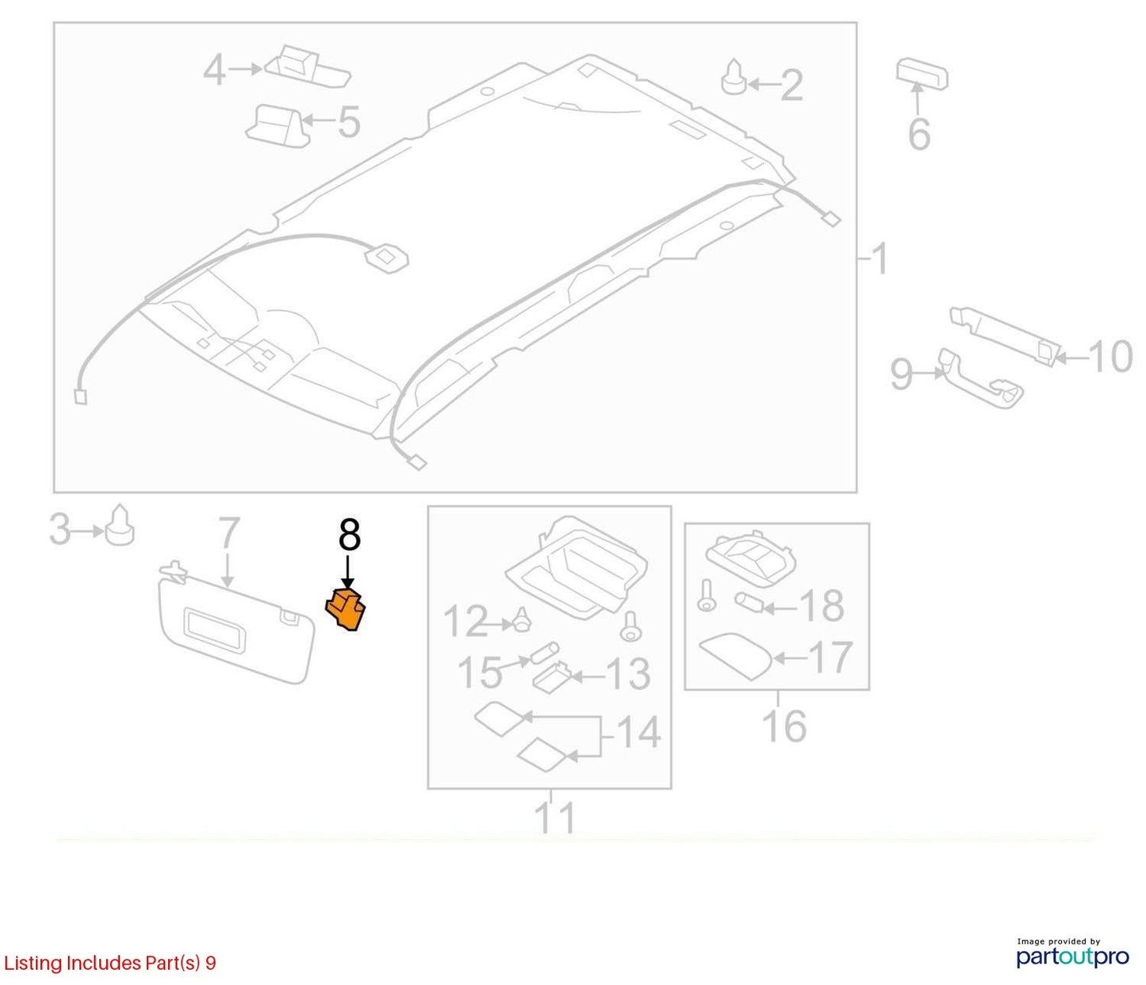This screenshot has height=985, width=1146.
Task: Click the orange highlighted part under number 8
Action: coord(345,610)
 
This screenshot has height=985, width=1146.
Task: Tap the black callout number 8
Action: coord(349,535)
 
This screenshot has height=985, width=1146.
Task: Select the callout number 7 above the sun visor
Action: coord(229,533)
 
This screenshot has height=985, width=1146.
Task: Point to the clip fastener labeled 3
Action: coord(119,525)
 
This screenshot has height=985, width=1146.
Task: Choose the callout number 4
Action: coord(215,71)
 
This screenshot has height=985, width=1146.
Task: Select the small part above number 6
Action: coord(922,73)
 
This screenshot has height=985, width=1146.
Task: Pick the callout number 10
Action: coord(1110,356)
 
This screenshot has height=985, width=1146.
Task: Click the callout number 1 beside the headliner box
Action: coord(879,259)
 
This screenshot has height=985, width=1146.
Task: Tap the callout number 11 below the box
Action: coord(555,817)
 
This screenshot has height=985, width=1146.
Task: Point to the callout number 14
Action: coord(638,733)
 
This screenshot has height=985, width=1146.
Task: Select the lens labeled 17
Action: coord(736,657)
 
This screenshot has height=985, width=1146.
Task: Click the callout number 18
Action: coord(822,605)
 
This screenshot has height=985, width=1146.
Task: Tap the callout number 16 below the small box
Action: coord(784,726)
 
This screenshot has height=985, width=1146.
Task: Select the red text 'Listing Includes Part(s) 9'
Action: coord(110,963)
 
